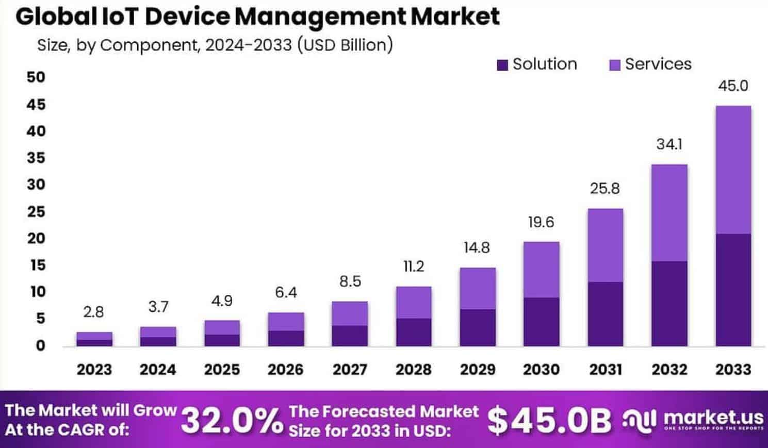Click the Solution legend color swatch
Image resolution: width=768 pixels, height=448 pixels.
502,65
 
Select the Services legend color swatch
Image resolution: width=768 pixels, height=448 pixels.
614,65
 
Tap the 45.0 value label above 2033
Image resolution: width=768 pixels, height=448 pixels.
732,86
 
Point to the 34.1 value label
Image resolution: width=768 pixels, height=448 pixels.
669,144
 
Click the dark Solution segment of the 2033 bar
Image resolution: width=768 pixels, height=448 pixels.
732,290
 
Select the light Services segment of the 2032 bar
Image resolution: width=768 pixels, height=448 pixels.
669,212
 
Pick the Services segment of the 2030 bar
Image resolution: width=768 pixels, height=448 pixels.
541,269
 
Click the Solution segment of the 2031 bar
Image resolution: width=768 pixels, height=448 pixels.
605,313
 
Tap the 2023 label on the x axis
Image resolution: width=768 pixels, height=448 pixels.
94,370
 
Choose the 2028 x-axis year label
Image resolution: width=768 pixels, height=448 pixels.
413,370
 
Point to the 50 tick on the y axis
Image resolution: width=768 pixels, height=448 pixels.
36,77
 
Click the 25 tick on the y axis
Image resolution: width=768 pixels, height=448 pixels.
36,211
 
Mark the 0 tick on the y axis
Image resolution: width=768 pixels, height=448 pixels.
40,345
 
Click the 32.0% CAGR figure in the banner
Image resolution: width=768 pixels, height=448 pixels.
232,421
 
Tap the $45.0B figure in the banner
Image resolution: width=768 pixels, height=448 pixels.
549,420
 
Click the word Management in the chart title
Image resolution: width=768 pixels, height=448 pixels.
320,16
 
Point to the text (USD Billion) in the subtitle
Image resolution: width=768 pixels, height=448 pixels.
345,45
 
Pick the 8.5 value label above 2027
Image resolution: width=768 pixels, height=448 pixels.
350,281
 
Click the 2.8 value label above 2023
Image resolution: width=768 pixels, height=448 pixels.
93,312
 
